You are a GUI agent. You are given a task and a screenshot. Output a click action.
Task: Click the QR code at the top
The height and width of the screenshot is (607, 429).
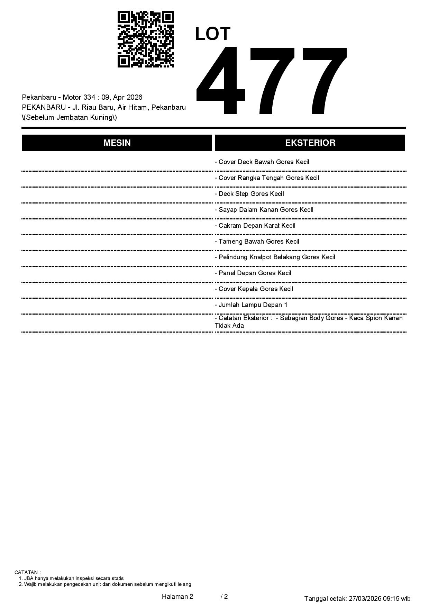(x=146, y=39)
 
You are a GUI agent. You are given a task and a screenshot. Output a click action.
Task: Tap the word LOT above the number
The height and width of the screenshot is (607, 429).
(x=213, y=34)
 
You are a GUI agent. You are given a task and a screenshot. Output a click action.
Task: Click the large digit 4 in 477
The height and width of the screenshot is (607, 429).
(x=221, y=81)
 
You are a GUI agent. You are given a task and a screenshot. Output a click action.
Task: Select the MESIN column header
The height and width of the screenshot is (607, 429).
(x=117, y=143)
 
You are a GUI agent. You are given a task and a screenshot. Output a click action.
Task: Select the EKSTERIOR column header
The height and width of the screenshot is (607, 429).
(x=310, y=143)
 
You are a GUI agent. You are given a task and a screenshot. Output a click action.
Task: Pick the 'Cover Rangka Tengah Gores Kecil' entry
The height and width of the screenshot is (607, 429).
(x=269, y=178)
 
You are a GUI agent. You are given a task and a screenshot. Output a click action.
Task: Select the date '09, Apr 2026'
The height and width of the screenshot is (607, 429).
(x=122, y=97)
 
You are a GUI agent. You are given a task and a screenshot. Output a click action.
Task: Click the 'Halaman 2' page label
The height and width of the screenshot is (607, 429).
(x=177, y=596)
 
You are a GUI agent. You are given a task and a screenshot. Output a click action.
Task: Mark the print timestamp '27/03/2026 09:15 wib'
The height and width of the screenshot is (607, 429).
(x=380, y=598)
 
